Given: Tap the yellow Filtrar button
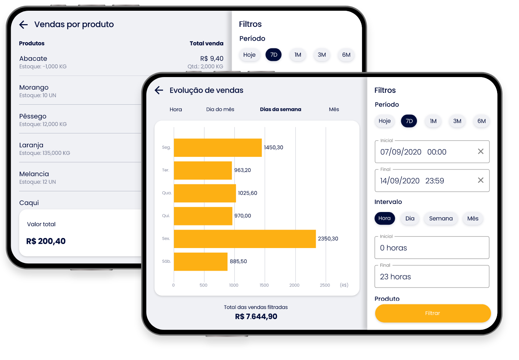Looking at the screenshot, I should click(x=433, y=313).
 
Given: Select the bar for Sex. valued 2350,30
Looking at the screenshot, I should click(x=245, y=239).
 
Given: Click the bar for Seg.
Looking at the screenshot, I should click(x=217, y=148).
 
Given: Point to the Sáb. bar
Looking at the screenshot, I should click(x=201, y=261).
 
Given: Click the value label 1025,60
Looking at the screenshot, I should click(x=247, y=193).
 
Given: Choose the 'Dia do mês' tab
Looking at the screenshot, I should click(x=220, y=110).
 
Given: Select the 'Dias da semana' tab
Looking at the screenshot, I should click(x=280, y=110).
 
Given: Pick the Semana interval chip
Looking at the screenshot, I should click(x=441, y=219).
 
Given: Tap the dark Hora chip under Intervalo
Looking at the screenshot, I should click(x=384, y=219).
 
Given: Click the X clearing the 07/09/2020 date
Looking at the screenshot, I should click(x=481, y=151).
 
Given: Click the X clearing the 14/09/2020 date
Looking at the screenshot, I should click(x=481, y=180).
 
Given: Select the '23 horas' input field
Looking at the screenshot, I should click(x=432, y=277).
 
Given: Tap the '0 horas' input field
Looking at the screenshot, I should click(x=432, y=248).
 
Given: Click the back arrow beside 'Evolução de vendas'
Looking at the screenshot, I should click(x=159, y=90).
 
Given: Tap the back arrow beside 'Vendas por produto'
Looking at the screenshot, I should click(x=23, y=25).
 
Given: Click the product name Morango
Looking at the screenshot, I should click(x=34, y=88).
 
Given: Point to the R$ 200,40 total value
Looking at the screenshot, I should click(x=46, y=241).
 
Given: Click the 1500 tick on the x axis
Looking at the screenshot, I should click(x=264, y=285).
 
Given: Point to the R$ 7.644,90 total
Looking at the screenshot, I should click(x=256, y=317).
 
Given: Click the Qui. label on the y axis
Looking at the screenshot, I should click(x=166, y=216).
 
